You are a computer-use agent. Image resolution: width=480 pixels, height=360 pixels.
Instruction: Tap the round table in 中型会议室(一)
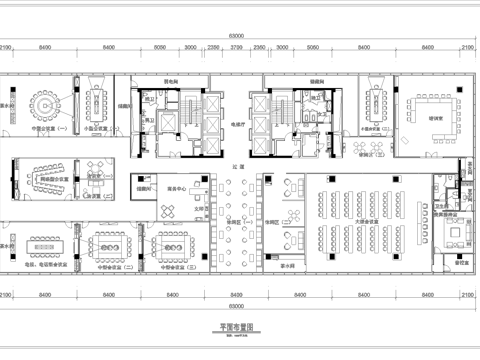pos(44,104)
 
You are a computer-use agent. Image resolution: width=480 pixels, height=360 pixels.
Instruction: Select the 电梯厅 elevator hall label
pos(237,125)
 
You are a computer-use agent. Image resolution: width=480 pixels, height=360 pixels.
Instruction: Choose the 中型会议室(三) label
pos(171,267)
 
